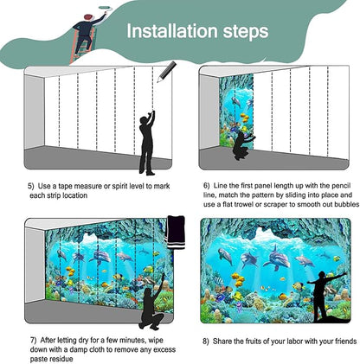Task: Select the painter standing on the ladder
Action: (x=84, y=31)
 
